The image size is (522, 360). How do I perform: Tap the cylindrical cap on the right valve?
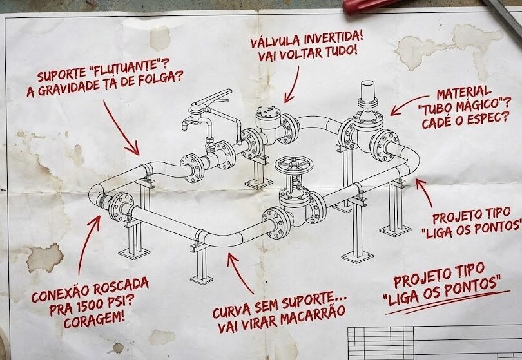pyautogui.click(x=368, y=91)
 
